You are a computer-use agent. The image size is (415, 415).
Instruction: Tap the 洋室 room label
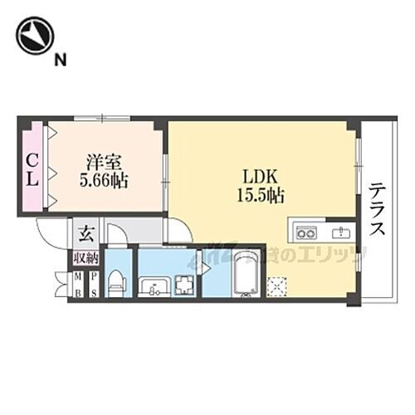pos(103,161)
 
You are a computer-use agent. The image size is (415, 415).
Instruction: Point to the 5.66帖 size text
pos(103,179)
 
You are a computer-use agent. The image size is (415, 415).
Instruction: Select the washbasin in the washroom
pos(154,287)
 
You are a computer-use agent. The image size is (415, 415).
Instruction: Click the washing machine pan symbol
pos(183,285)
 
